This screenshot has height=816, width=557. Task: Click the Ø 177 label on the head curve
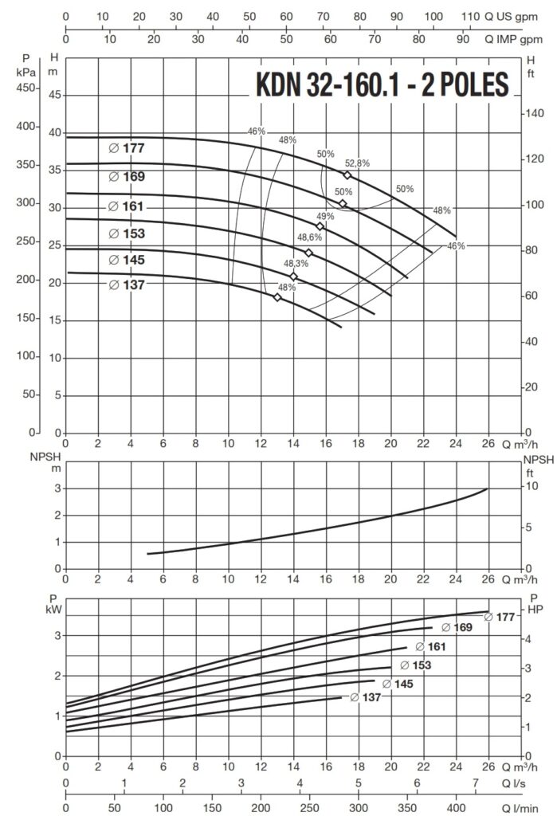click(x=127, y=148)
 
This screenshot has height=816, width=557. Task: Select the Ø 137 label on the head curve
click(x=127, y=284)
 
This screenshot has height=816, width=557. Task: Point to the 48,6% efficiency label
click(x=310, y=237)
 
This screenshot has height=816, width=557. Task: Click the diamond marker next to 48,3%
click(x=294, y=277)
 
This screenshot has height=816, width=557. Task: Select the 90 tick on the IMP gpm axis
click(x=462, y=38)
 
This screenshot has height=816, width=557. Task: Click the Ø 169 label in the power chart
click(x=457, y=628)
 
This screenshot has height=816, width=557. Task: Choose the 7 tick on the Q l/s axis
click(x=476, y=784)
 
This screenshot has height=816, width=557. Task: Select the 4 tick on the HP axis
click(x=528, y=638)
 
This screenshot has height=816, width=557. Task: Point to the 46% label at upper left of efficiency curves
click(x=256, y=131)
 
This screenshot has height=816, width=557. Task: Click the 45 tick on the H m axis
click(x=55, y=96)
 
